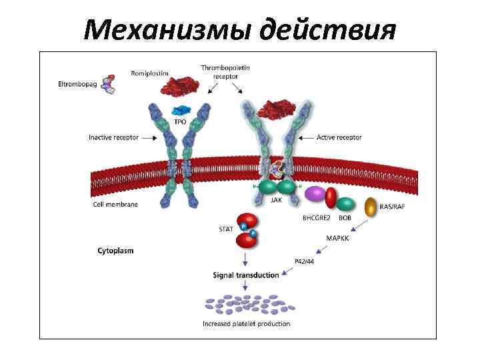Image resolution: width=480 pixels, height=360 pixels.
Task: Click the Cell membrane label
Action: point(115,204)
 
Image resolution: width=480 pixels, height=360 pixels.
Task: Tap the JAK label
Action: point(275,199)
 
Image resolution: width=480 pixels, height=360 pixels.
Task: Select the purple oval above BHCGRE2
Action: point(315,195)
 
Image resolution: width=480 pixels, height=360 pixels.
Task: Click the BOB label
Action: point(345,217)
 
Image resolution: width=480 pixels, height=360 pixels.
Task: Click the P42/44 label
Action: point(303,261)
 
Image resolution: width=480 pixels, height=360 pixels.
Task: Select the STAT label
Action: point(226,229)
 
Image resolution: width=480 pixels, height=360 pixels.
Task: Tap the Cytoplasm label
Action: point(115,251)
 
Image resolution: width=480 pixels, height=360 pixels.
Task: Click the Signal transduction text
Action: point(245,275)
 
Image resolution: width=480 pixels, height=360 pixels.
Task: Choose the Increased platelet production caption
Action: point(246,324)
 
